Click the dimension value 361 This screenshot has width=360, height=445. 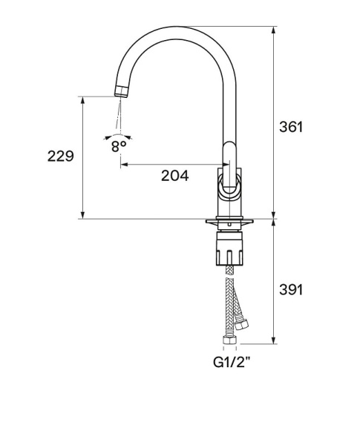(291, 127)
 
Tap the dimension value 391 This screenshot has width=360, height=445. (291, 290)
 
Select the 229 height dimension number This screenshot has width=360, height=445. (61, 156)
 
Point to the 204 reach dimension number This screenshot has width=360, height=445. (174, 176)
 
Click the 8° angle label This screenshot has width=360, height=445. (119, 147)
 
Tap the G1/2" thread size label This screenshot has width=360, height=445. (232, 362)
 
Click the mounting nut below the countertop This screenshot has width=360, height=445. (230, 248)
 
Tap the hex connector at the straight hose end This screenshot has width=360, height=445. (229, 339)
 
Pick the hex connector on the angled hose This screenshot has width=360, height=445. (241, 323)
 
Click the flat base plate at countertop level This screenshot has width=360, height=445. (229, 221)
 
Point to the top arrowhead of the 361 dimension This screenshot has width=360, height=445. (273, 30)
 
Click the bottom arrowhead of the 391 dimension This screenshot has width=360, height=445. (273, 340)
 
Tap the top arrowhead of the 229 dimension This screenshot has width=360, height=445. (82, 100)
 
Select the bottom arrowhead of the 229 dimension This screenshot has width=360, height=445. (82, 215)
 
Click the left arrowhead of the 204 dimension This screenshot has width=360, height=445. (125, 164)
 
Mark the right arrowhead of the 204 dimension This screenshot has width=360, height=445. (226, 164)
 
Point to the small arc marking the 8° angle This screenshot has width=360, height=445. (118, 135)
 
